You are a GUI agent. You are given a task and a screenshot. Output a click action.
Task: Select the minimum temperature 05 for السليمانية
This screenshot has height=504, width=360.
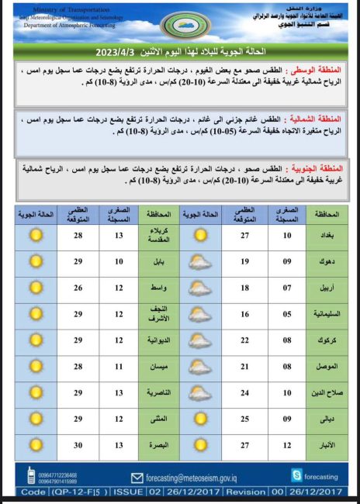coord(287,314)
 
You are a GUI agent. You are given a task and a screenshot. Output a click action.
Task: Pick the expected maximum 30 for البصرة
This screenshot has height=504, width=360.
coord(78,446)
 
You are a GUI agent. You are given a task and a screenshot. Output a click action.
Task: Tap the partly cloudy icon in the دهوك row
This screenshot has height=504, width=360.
coord(200,261)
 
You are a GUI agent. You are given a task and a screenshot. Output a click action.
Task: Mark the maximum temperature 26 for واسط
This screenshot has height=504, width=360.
coord(78,288)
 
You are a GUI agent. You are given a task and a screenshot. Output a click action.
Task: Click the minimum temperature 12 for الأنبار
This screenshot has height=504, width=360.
coord(287,446)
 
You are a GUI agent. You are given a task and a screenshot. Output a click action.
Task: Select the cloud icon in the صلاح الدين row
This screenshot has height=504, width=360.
coord(200,393)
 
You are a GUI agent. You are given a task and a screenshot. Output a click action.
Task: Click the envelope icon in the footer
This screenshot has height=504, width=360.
coord(137,478)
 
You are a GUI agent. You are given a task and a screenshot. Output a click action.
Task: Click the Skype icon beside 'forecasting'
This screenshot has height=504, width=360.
coord(296,474)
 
